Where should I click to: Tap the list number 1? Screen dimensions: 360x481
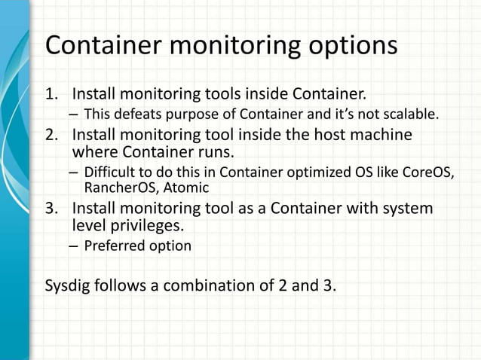pyautogui.click(x=51, y=96)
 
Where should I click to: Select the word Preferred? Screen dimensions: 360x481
pyautogui.click(x=114, y=246)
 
